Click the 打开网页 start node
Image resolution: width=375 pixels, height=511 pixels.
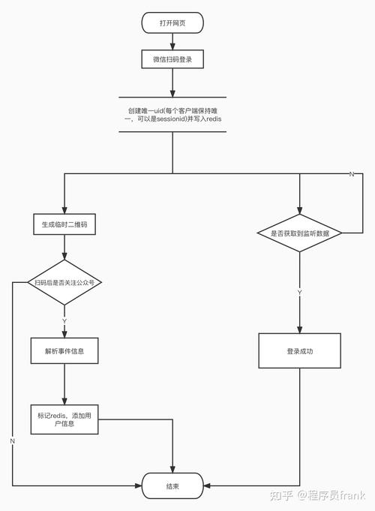pyautogui.click(x=173, y=23)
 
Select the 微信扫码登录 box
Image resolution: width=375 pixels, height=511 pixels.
pyautogui.click(x=173, y=59)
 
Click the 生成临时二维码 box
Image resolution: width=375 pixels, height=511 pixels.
pyautogui.click(x=64, y=224)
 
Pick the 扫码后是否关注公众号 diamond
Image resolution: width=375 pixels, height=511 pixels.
pyautogui.click(x=64, y=283)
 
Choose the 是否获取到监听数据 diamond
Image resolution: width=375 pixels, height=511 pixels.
pyautogui.click(x=300, y=233)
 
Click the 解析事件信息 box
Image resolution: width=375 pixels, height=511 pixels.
pyautogui.click(x=64, y=350)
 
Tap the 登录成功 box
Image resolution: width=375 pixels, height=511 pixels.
pyautogui.click(x=300, y=350)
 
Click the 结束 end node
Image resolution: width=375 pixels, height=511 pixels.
pyautogui.click(x=173, y=486)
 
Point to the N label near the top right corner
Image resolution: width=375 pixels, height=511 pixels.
pyautogui.click(x=352, y=174)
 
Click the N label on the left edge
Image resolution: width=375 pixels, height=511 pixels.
pyautogui.click(x=12, y=440)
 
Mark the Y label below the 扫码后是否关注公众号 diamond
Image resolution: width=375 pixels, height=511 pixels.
pyautogui.click(x=64, y=320)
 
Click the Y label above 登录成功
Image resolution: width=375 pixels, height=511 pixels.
pyautogui.click(x=300, y=291)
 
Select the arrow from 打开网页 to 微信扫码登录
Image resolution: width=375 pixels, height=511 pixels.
pyautogui.click(x=173, y=41)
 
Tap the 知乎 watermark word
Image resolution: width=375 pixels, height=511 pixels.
pyautogui.click(x=284, y=495)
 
